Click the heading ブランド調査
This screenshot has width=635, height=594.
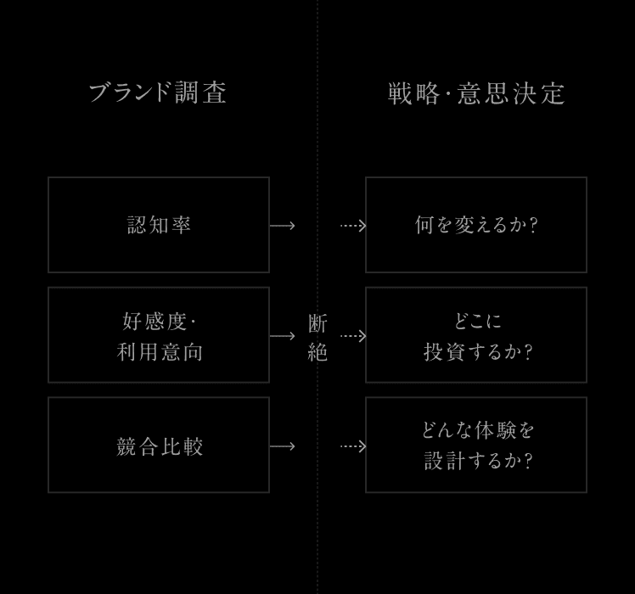pyautogui.click(x=158, y=92)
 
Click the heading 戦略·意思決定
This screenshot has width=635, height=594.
pyautogui.click(x=476, y=93)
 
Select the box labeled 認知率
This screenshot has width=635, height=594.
pyautogui.click(x=159, y=225)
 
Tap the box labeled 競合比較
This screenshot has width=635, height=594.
pyautogui.click(x=159, y=445)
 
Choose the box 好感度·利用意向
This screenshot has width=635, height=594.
pyautogui.click(x=159, y=335)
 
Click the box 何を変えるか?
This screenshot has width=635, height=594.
pyautogui.click(x=476, y=225)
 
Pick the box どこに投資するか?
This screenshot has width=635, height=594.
pyautogui.click(x=476, y=335)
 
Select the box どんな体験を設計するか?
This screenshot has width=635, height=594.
pyautogui.click(x=476, y=445)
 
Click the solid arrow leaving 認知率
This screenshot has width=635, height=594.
pyautogui.click(x=283, y=226)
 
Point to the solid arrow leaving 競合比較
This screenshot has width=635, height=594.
pyautogui.click(x=283, y=446)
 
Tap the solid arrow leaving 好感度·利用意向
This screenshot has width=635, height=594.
pyautogui.click(x=283, y=336)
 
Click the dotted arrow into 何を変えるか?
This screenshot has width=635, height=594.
pyautogui.click(x=353, y=226)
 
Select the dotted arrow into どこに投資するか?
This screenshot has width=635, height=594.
pyautogui.click(x=353, y=336)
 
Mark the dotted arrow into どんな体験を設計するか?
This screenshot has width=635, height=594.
pyautogui.click(x=353, y=446)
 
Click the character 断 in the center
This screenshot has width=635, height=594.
pyautogui.click(x=317, y=323)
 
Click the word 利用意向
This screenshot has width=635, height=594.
pyautogui.click(x=160, y=351)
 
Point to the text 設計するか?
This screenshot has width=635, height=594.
pyautogui.click(x=478, y=461)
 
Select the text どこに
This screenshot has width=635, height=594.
pyautogui.click(x=477, y=321)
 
